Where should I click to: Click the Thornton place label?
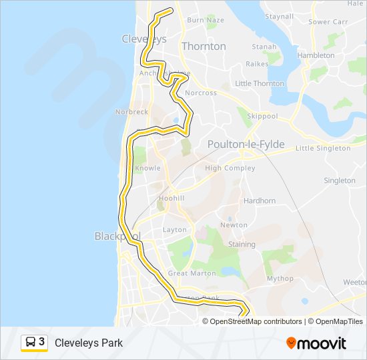pos(204,47)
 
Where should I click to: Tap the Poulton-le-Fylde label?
pos(246,145)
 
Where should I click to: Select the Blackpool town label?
pos(116,237)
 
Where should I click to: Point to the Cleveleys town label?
pos(143,39)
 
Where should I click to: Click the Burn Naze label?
pos(206,20)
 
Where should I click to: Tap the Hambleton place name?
pos(316,56)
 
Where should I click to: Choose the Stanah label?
pos(264,47)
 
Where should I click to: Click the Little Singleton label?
pos(322,148)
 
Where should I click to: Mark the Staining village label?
pos(242,245)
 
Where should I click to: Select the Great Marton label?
pos(192,273)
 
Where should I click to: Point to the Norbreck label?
pos(131,112)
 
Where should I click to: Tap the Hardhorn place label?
pos(260,201)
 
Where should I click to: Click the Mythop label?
pos(280,279)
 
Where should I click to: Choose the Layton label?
pos(175,230)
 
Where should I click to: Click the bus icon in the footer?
pos(31,343)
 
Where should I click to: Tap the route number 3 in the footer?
pos(42,342)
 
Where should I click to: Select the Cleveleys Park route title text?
pos(89,343)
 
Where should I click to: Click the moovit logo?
pos(316,343)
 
